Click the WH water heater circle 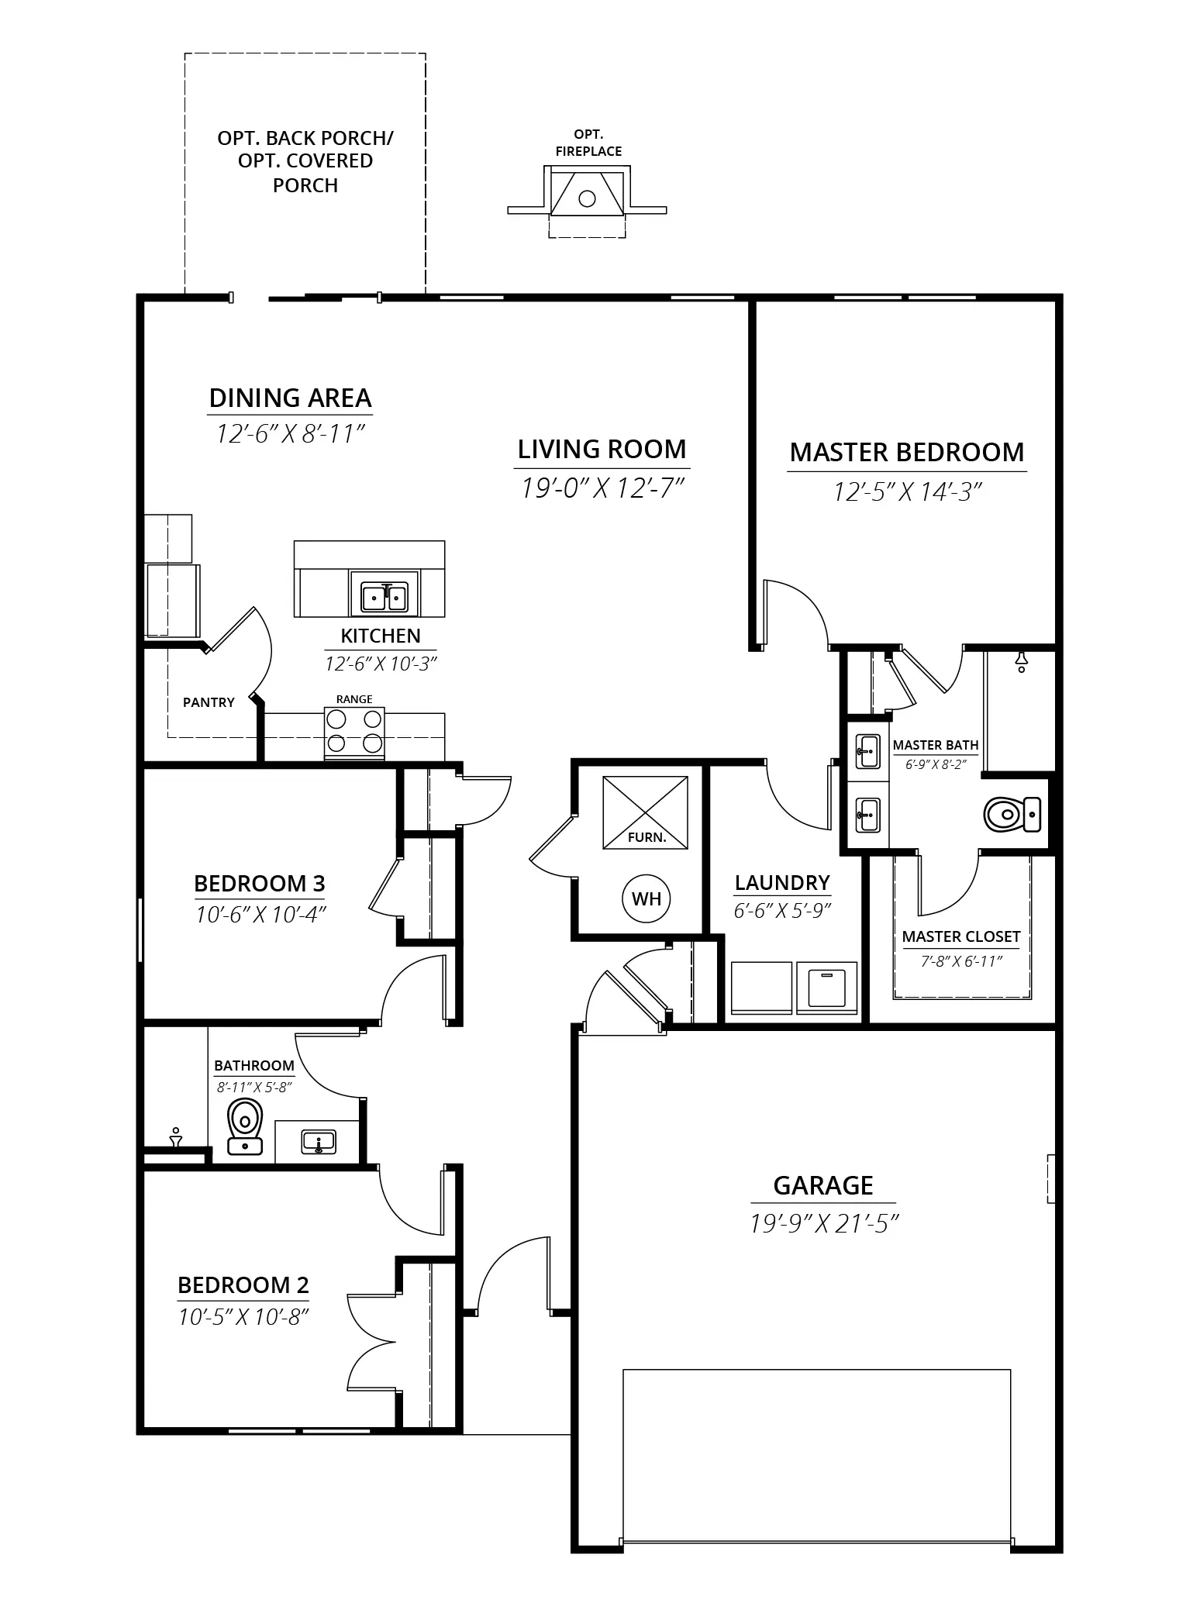(x=646, y=898)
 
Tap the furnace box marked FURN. (x=645, y=812)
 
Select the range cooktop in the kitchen (x=354, y=733)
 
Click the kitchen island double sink (x=384, y=598)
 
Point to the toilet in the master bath (x=1012, y=815)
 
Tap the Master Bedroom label (x=907, y=452)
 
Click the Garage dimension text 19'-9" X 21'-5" (x=823, y=1223)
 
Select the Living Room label (x=602, y=449)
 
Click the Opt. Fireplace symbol (x=587, y=200)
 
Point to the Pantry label (x=209, y=702)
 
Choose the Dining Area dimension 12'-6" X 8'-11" (x=290, y=433)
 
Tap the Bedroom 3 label (x=260, y=883)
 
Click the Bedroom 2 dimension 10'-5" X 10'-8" (x=244, y=1316)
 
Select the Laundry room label (x=782, y=882)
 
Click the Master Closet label (x=961, y=936)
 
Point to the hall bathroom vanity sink (x=318, y=1142)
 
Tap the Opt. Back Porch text (x=305, y=138)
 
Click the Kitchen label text (x=381, y=636)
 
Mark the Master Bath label (x=936, y=745)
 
